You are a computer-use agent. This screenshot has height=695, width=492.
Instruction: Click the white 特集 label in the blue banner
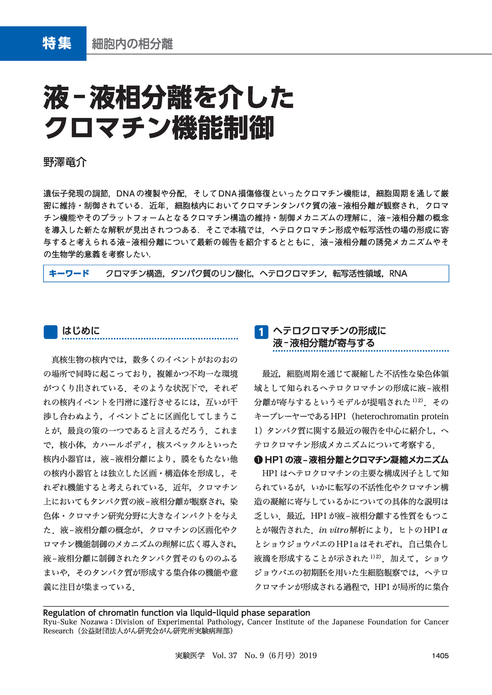point(57,43)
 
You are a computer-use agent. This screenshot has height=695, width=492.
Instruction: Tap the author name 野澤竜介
point(65,162)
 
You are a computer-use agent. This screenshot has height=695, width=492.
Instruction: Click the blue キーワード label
point(69,273)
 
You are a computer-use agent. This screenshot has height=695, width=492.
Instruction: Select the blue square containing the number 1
point(261,332)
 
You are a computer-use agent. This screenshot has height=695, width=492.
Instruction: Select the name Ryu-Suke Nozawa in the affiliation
point(75,622)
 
